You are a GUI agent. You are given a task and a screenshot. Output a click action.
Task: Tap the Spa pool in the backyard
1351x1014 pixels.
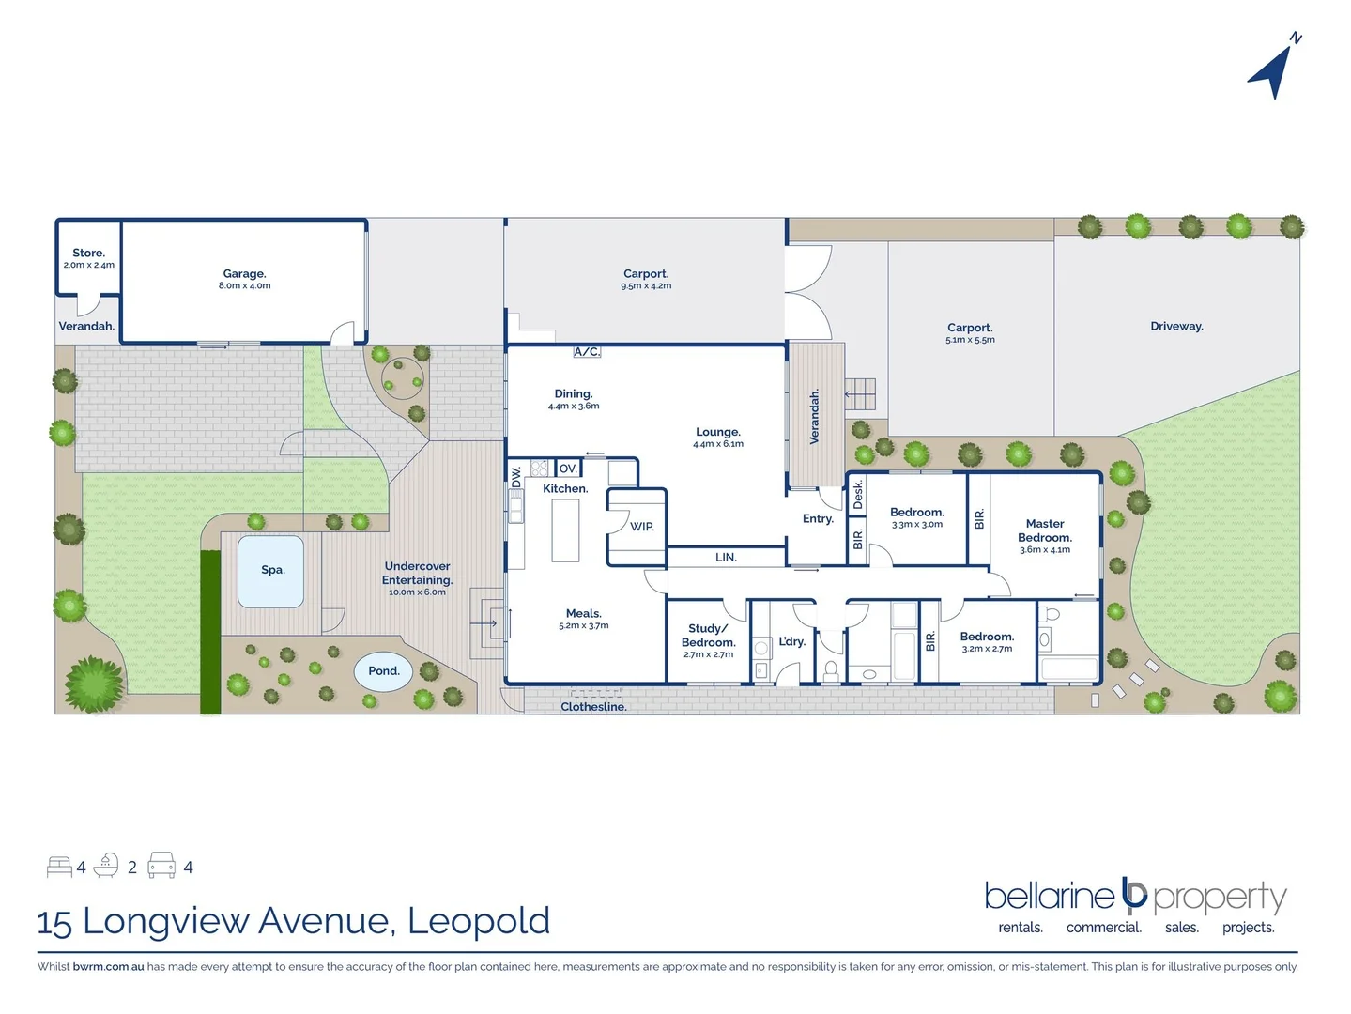coord(271,571)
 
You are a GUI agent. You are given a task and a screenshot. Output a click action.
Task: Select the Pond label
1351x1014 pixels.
coord(383,671)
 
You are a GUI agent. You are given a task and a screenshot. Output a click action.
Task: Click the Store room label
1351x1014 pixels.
coord(88,253)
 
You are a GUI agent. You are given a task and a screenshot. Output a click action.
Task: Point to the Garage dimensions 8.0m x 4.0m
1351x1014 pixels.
coord(244,286)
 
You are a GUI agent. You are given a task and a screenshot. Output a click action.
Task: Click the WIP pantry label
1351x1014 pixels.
coord(642,527)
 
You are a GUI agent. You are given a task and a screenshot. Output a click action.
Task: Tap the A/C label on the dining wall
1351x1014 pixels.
coord(587,352)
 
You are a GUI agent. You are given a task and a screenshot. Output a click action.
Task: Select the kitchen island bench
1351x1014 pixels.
coord(564,530)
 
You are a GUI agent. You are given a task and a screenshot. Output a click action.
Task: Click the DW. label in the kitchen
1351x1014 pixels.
coord(515,476)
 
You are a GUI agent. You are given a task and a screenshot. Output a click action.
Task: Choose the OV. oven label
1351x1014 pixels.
coord(568,469)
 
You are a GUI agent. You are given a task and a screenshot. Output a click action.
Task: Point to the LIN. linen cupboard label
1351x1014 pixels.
coord(726,558)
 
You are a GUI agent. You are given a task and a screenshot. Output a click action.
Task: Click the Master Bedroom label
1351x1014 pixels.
coord(1044,530)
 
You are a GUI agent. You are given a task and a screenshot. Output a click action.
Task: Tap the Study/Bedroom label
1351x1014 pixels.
coord(708,636)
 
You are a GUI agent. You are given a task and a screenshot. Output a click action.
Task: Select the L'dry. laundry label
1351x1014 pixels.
coord(791,642)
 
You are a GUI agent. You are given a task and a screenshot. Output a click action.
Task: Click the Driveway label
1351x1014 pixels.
coord(1175,327)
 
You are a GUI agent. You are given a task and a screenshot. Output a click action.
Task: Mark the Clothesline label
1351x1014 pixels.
coord(593,707)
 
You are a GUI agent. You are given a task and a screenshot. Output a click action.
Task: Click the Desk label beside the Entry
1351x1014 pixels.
coord(857,495)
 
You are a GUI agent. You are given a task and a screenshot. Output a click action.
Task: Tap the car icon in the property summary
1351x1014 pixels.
coord(161,866)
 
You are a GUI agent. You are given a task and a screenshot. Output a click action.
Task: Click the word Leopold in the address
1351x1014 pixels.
coord(479,921)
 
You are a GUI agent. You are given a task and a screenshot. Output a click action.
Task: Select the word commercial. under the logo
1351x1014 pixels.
coord(1103,928)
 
